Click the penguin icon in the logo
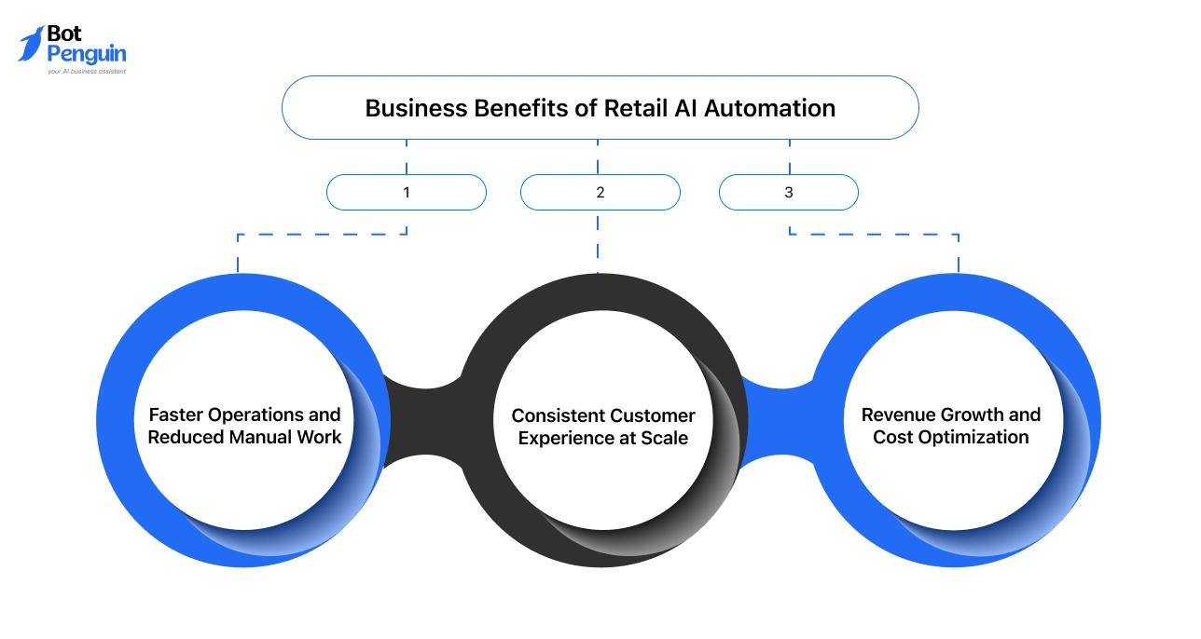tap(31, 44)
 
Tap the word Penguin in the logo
tap(87, 54)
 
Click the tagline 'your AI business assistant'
tap(87, 71)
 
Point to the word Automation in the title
tap(769, 108)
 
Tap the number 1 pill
tap(407, 193)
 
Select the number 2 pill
tap(600, 193)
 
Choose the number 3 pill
tap(788, 193)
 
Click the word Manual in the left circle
tap(268, 437)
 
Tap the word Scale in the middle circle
tap(664, 438)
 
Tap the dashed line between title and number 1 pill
tap(407, 156)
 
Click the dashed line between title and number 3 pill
tap(790, 156)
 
